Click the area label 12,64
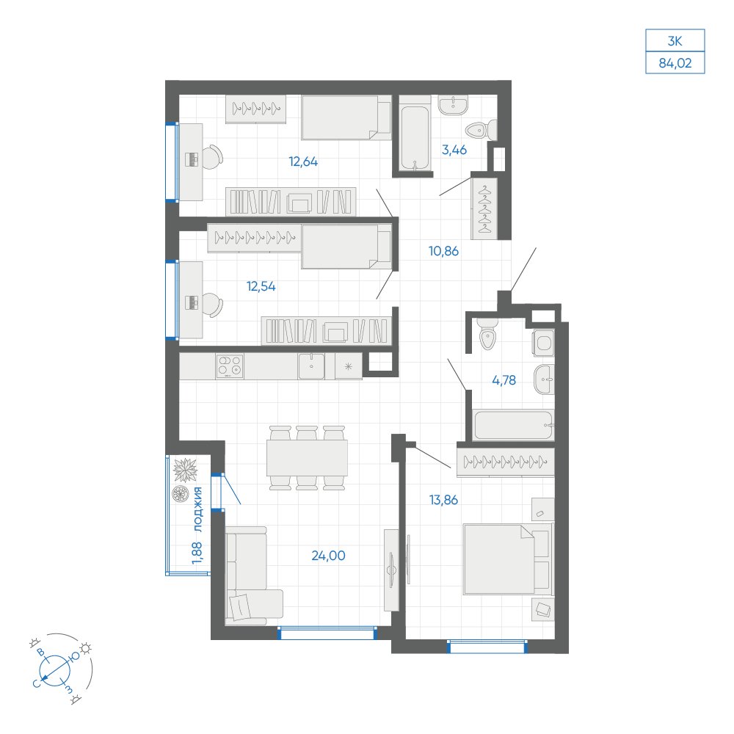(303, 162)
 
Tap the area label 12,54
(261, 286)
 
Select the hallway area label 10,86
(444, 251)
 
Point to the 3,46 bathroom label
(454, 150)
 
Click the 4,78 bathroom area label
(504, 380)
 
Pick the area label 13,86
(444, 500)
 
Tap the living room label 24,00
(329, 556)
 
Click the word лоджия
(198, 509)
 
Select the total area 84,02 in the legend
(675, 63)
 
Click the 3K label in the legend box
(675, 41)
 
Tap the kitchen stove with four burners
(230, 366)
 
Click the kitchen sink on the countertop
(311, 366)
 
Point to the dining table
(307, 458)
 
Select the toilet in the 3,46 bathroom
(482, 129)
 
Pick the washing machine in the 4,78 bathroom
(543, 343)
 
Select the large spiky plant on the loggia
(186, 470)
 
